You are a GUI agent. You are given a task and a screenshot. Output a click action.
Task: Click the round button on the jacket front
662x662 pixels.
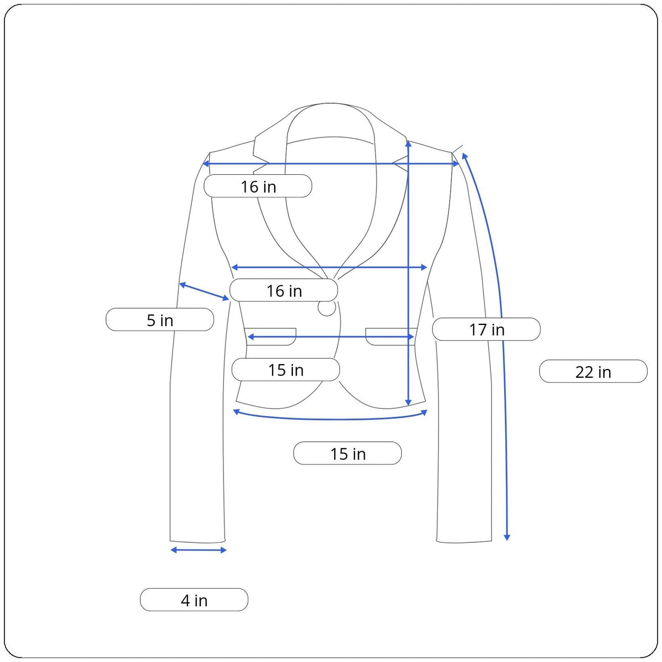[327, 308]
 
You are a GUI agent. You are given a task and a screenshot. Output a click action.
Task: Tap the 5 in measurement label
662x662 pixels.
[160, 320]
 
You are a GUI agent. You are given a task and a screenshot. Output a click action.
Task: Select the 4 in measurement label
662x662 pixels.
[194, 600]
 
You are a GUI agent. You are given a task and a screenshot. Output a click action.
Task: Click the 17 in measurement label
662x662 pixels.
[486, 329]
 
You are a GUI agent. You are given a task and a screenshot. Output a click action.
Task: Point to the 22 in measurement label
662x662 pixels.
[593, 372]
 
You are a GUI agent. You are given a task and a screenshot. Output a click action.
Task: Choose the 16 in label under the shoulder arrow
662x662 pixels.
[258, 186]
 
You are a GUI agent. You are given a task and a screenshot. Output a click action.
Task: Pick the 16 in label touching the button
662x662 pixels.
[284, 291]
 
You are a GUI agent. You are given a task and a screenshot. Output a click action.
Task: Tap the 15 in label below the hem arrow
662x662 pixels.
[348, 453]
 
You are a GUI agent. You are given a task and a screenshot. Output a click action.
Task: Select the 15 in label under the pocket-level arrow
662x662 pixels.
[286, 370]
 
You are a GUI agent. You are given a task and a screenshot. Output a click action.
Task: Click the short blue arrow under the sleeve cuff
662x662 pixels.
[199, 550]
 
